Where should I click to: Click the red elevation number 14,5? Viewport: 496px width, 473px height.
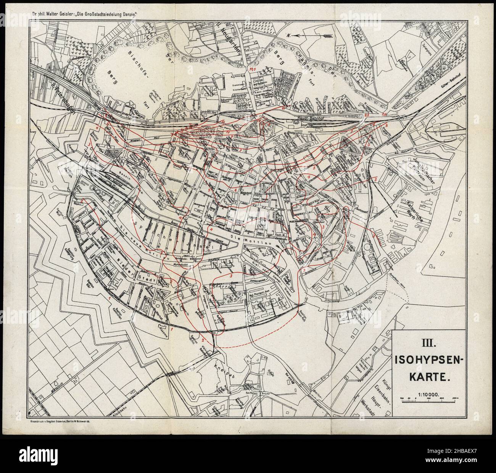pyautogui.click(x=251, y=69)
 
